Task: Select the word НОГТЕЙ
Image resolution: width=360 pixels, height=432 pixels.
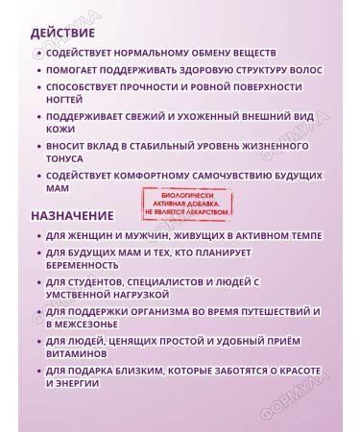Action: tap(66, 100)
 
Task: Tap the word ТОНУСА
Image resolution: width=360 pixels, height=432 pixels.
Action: tap(67, 159)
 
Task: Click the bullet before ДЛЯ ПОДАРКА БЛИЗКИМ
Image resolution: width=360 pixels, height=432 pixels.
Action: tap(37, 371)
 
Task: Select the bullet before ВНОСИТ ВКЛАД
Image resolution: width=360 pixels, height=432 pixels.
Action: tap(37, 147)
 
